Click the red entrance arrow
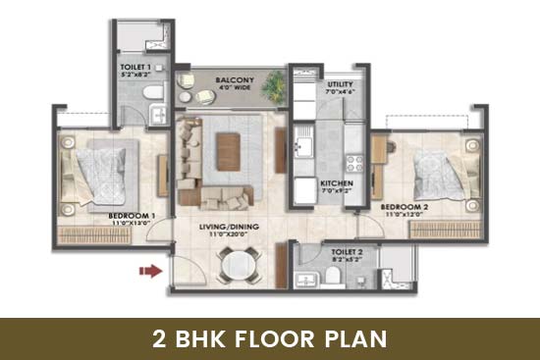[x=148, y=272]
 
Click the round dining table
[x=236, y=263]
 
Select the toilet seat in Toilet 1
[x=148, y=92]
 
